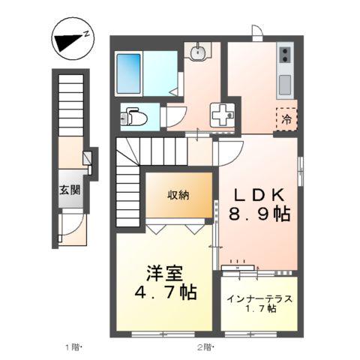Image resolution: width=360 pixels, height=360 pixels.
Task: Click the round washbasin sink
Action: (x=198, y=52)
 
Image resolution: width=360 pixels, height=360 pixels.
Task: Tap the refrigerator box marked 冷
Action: (x=286, y=118)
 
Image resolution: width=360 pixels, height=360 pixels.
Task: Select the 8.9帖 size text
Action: (x=259, y=214)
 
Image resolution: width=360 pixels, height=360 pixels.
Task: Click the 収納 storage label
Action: (x=178, y=195)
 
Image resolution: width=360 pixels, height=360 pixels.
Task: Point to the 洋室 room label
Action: (x=166, y=272)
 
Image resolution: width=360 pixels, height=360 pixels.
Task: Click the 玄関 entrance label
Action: (x=70, y=189)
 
